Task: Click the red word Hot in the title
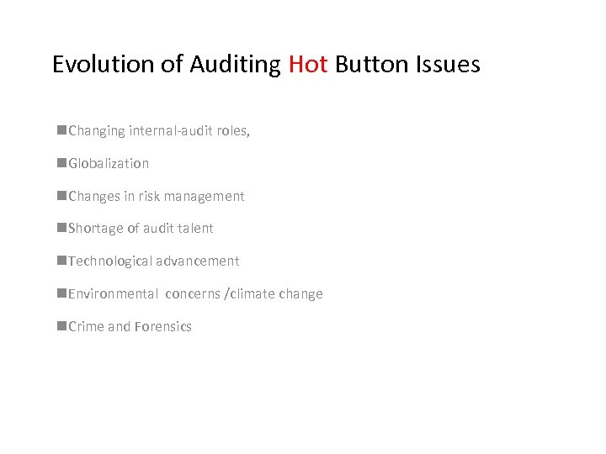coord(308,64)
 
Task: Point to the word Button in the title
coord(368,64)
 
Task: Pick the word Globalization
coord(109,163)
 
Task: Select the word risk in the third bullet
coord(150,196)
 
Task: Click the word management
coord(205,197)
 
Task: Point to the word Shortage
coord(95,229)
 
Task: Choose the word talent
coord(195,228)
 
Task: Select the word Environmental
coord(113,293)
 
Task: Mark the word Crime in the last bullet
coord(86,326)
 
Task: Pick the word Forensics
coord(163,326)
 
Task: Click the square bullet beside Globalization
coord(62,163)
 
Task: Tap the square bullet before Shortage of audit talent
coord(62,228)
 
